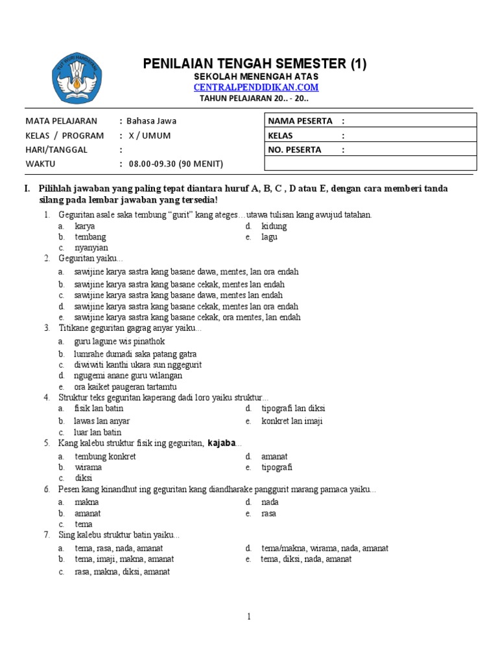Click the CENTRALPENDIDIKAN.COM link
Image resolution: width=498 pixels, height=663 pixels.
(x=256, y=87)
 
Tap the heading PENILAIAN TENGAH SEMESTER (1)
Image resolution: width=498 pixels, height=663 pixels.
(x=255, y=63)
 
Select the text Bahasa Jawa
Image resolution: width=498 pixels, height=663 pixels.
(x=151, y=120)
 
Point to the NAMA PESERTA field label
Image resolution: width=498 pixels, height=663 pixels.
(x=300, y=120)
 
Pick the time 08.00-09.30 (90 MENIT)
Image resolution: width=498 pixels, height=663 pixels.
(x=174, y=164)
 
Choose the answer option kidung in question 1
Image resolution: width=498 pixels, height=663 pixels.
(x=274, y=226)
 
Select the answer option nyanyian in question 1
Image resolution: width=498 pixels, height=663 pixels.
(x=91, y=247)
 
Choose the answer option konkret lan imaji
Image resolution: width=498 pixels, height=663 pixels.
(x=292, y=421)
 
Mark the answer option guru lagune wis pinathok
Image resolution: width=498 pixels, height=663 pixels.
(x=119, y=341)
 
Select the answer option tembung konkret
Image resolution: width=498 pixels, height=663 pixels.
(x=105, y=456)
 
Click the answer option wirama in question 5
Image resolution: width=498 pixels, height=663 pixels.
(x=88, y=467)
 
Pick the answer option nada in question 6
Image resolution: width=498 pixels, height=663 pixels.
(x=269, y=502)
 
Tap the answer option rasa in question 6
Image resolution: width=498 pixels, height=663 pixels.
(x=268, y=513)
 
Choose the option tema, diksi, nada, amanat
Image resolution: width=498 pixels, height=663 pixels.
(x=306, y=559)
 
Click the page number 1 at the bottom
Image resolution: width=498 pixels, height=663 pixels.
(x=248, y=616)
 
